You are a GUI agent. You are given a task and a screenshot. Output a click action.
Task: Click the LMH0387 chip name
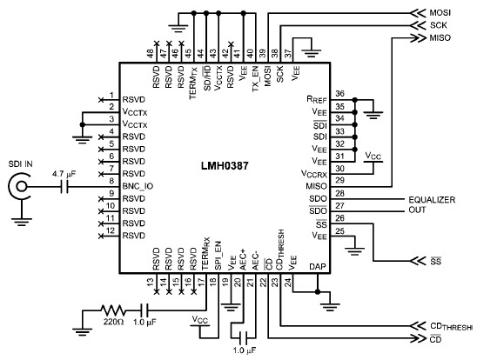(x=225, y=166)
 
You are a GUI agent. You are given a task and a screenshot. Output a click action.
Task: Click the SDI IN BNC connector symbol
(x=21, y=186)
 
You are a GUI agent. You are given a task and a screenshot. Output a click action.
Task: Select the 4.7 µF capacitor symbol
(x=64, y=186)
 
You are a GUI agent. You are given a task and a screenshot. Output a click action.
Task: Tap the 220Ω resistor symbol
(x=112, y=310)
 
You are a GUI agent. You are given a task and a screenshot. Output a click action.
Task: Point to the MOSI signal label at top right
(x=440, y=13)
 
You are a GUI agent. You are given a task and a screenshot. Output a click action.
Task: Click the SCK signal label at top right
(x=439, y=25)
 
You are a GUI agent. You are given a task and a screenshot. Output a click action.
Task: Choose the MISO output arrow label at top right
(x=440, y=38)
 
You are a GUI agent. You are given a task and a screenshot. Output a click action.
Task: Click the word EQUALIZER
(x=432, y=200)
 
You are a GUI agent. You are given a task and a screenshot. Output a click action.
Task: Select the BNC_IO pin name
(x=138, y=186)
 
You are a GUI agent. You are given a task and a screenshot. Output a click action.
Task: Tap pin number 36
(x=339, y=94)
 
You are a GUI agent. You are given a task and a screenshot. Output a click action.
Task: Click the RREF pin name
(x=316, y=100)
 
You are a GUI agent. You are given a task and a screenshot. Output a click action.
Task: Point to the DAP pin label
(x=318, y=267)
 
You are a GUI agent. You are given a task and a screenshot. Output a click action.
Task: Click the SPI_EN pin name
(x=218, y=256)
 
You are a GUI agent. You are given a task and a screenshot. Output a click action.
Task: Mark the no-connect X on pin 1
(x=101, y=100)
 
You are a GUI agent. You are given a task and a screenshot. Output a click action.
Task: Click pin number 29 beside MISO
(x=339, y=180)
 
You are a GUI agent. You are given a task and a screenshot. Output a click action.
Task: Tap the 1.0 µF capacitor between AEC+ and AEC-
(x=244, y=337)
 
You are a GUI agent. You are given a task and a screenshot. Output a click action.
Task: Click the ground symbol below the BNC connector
(x=21, y=222)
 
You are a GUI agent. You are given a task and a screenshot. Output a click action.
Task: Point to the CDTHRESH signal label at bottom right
(x=452, y=327)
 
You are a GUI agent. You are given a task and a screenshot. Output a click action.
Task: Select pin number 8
(x=111, y=181)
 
